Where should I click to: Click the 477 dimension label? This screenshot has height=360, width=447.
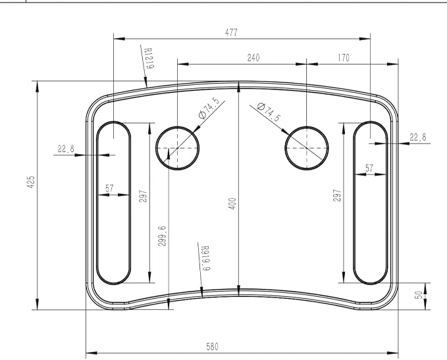click(231, 32)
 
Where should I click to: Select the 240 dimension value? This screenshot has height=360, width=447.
click(253, 58)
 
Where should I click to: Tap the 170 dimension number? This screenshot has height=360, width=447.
click(344, 58)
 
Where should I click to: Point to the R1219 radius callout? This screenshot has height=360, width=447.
click(149, 59)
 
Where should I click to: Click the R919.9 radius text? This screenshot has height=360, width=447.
click(205, 258)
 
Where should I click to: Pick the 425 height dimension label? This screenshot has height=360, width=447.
click(31, 182)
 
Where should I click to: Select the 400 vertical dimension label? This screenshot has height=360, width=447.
click(232, 204)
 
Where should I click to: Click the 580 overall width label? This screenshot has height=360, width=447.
click(213, 347)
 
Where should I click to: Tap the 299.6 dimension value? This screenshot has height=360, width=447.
click(162, 236)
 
